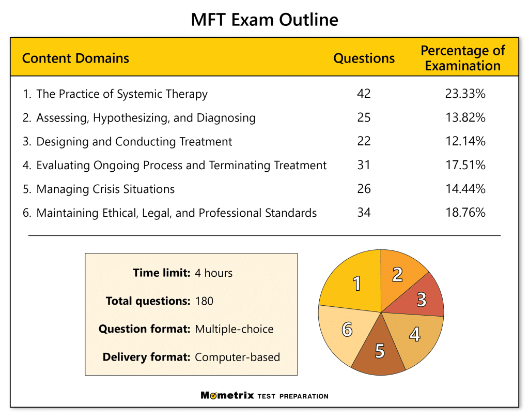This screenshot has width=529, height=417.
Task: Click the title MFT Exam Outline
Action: pyautogui.click(x=264, y=20)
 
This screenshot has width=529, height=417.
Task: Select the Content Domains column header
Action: pyautogui.click(x=75, y=58)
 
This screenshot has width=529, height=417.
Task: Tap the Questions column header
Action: pyautogui.click(x=364, y=58)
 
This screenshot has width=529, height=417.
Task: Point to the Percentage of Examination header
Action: pyautogui.click(x=462, y=58)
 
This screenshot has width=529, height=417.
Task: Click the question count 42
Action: pyautogui.click(x=364, y=94)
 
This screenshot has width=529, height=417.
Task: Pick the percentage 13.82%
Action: pyautogui.click(x=465, y=117)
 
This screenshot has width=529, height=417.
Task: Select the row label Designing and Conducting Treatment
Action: pyautogui.click(x=134, y=141)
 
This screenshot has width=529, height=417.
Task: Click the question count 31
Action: pyautogui.click(x=364, y=165)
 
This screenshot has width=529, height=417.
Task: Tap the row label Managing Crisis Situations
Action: pyautogui.click(x=105, y=189)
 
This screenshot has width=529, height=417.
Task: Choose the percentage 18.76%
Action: pyautogui.click(x=465, y=213)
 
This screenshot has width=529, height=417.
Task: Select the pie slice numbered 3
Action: pyautogui.click(x=422, y=299)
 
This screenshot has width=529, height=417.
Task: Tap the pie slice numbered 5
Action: pyautogui.click(x=380, y=350)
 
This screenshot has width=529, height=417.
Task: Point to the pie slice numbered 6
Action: pyautogui.click(x=346, y=329)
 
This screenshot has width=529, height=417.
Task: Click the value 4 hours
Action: pyautogui.click(x=213, y=273)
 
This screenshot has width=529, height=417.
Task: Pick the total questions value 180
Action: pyautogui.click(x=204, y=301)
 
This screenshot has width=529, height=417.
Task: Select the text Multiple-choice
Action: pyautogui.click(x=234, y=329)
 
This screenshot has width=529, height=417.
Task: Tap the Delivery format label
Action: pyautogui.click(x=146, y=356)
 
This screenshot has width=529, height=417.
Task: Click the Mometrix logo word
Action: pyautogui.click(x=227, y=396)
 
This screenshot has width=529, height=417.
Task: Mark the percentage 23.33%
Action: pyautogui.click(x=465, y=94)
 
